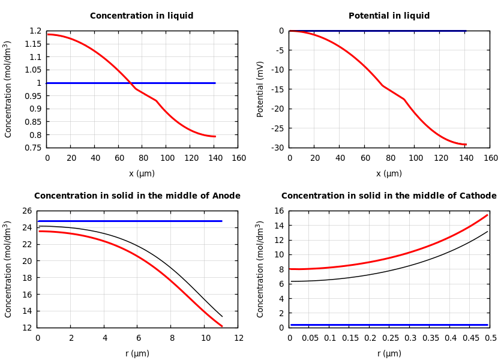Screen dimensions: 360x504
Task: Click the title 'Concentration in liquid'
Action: tap(142, 16)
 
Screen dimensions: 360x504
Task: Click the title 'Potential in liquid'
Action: tap(389, 16)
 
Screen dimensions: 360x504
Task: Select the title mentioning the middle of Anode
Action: tap(137, 196)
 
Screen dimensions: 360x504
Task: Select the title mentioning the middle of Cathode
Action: tap(389, 196)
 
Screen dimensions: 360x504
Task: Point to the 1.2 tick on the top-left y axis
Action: tap(35, 31)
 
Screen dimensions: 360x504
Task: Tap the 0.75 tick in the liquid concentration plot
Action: tap(34, 148)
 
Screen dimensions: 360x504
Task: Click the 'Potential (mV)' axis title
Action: tap(260, 89)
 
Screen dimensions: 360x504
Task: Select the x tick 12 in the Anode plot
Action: tap(239, 338)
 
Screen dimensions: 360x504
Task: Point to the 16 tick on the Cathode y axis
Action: tap(279, 211)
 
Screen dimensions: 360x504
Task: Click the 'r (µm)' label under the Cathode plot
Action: tap(389, 354)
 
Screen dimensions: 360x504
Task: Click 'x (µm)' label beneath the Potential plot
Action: tap(389, 174)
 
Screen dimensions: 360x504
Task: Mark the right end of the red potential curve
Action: tap(466, 145)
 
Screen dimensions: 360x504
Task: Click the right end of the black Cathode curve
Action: tap(487, 232)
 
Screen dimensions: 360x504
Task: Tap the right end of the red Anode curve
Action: tap(222, 326)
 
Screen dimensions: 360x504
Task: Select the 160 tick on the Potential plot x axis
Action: tap(490, 158)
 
